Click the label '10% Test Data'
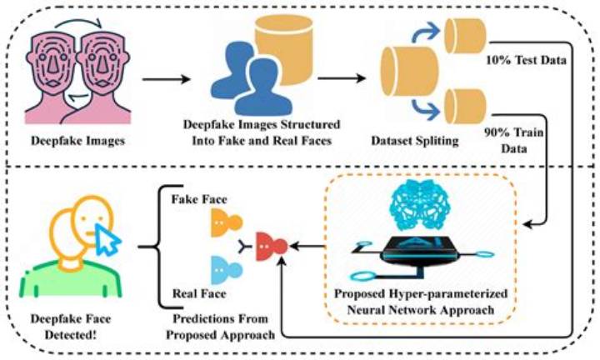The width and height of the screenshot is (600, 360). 526,60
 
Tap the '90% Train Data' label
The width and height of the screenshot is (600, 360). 514,140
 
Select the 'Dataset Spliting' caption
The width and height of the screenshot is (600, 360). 415,141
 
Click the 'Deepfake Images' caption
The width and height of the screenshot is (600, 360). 78,141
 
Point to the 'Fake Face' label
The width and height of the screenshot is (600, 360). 199,199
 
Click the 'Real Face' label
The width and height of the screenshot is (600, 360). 199,293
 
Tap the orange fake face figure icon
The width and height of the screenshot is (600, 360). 227,222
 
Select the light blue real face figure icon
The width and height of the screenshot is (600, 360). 227,270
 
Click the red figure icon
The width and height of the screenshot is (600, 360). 272,246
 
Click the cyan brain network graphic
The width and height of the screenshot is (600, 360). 420,206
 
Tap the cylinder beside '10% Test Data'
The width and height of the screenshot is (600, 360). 465,36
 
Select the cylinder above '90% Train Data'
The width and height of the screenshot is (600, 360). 465,107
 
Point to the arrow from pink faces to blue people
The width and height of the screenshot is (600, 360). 167,79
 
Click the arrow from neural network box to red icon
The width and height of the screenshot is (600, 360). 307,246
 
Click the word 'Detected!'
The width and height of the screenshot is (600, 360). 71,335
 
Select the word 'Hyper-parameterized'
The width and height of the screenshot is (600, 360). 448,294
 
